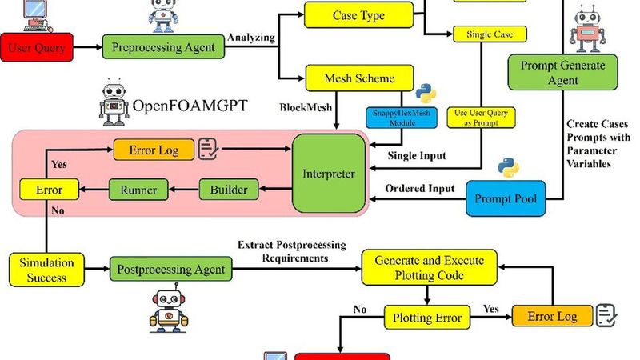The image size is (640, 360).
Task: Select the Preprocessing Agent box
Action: (163, 46)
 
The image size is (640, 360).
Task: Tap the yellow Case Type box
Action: (358, 15)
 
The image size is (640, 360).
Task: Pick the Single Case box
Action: (490, 34)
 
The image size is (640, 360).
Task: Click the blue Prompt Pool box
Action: (505, 198)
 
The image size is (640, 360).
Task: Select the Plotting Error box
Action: (427, 318)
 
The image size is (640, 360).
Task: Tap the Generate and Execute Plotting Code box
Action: (429, 269)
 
